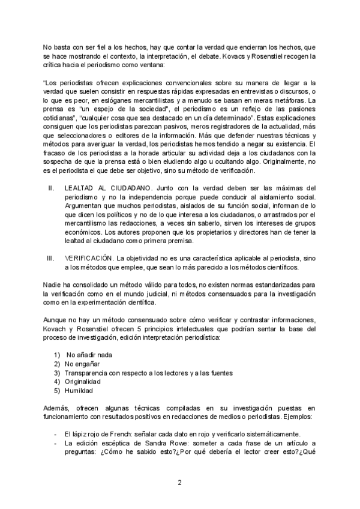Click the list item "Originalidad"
83,381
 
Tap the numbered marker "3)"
57,373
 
